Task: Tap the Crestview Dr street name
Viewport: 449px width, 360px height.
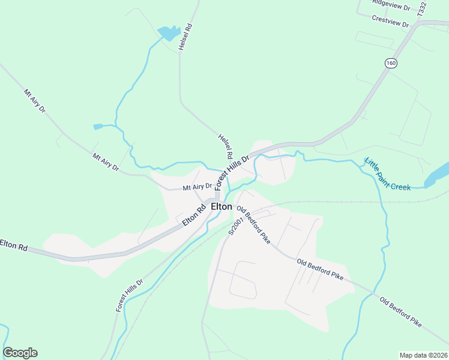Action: [x=390, y=20]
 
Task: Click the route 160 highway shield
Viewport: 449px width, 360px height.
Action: [x=391, y=63]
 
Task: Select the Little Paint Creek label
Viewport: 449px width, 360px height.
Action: [x=387, y=174]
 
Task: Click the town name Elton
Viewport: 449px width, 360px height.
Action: [x=221, y=206]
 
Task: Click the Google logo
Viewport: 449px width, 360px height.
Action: [x=20, y=353]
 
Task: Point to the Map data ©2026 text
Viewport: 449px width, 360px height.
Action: [x=423, y=355]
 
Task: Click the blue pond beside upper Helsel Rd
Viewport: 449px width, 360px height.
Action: [x=168, y=32]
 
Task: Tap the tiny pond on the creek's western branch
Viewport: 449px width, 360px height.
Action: [x=98, y=127]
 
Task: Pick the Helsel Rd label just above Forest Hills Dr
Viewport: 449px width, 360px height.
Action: [x=225, y=146]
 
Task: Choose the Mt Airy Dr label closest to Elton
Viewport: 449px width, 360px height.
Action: [x=197, y=187]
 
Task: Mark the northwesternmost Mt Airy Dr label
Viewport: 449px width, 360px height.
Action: [x=34, y=102]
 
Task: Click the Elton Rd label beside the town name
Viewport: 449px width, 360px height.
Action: [x=194, y=214]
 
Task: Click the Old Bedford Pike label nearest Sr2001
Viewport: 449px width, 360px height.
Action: [x=253, y=224]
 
